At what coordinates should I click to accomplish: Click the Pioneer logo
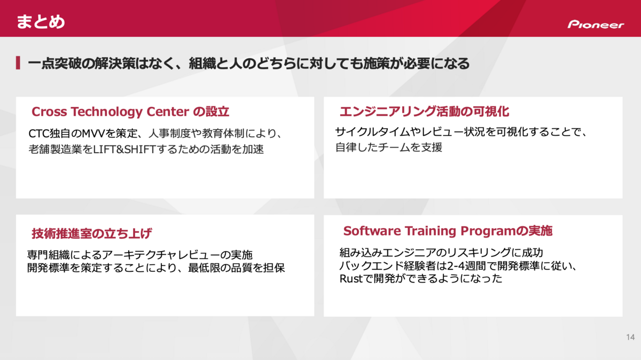pyautogui.click(x=596, y=25)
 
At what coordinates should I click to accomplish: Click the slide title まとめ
pyautogui.click(x=41, y=22)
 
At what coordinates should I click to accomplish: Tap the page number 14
pyautogui.click(x=630, y=337)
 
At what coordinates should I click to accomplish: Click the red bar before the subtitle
pyautogui.click(x=18, y=62)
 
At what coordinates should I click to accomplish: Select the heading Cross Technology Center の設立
pyautogui.click(x=130, y=112)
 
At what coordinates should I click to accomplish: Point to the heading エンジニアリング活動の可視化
pyautogui.click(x=424, y=111)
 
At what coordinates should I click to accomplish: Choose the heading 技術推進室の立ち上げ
pyautogui.click(x=91, y=233)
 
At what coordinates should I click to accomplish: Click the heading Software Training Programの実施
pyautogui.click(x=448, y=231)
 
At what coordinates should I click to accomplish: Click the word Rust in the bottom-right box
pyautogui.click(x=351, y=278)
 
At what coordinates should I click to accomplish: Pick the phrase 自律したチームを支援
pyautogui.click(x=389, y=147)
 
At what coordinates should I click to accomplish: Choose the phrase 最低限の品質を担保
pyautogui.click(x=236, y=268)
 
